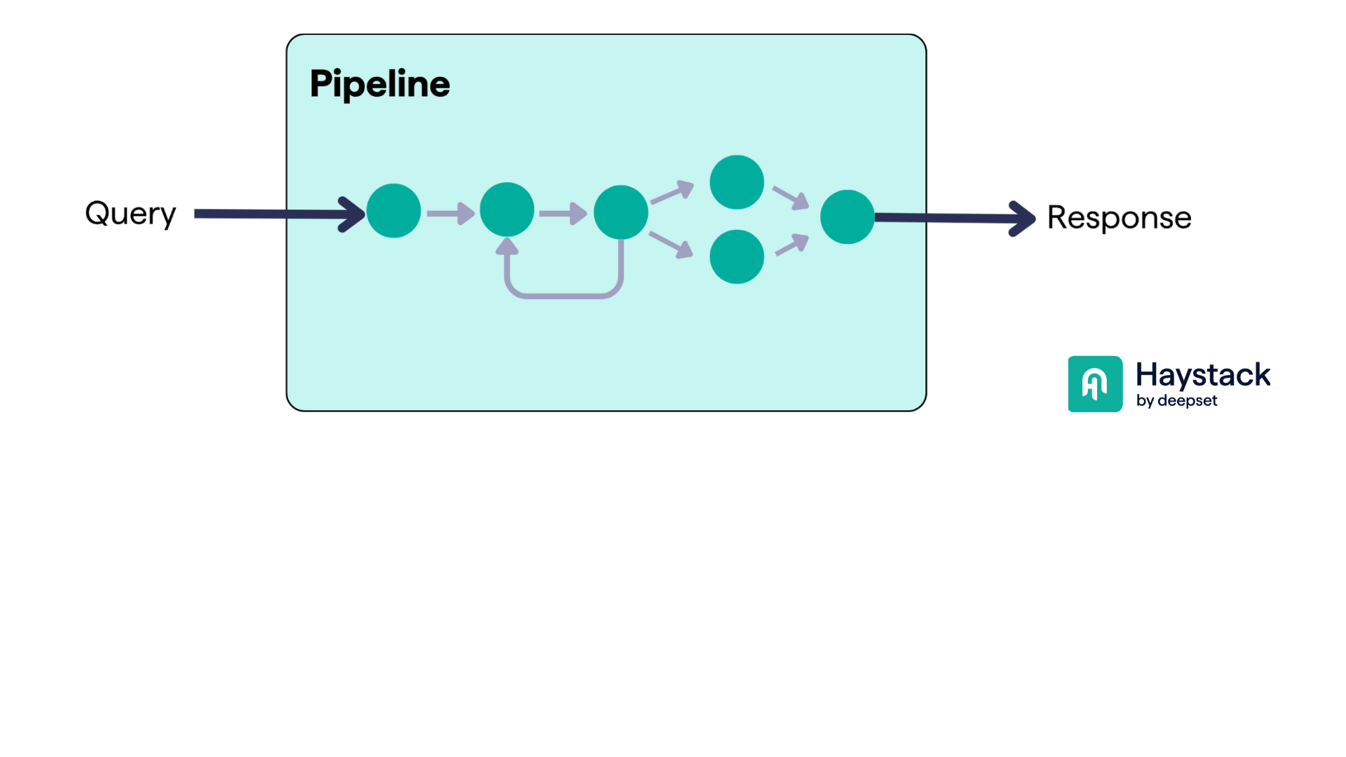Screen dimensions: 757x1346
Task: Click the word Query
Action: pyautogui.click(x=130, y=213)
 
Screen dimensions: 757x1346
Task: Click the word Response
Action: pyautogui.click(x=1119, y=218)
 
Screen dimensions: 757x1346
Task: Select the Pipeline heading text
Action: pyautogui.click(x=379, y=84)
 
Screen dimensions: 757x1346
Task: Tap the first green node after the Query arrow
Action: pyautogui.click(x=393, y=211)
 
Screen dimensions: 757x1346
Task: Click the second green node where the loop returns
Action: pyautogui.click(x=507, y=210)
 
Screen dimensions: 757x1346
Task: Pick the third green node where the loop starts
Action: pyautogui.click(x=620, y=212)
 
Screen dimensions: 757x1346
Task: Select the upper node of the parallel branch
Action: pyautogui.click(x=736, y=182)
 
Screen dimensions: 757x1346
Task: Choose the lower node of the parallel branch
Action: pyautogui.click(x=736, y=257)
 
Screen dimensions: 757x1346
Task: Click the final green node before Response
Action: pyautogui.click(x=847, y=217)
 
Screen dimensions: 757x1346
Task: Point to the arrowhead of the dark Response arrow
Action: pyautogui.click(x=1023, y=219)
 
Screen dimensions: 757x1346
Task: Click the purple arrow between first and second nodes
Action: pyautogui.click(x=450, y=213)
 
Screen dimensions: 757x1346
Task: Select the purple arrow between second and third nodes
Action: pyautogui.click(x=563, y=213)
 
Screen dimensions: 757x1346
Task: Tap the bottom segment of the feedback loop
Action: pyautogui.click(x=564, y=296)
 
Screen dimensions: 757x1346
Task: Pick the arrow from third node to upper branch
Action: pyautogui.click(x=672, y=192)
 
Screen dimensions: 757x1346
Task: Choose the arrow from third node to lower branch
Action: pyautogui.click(x=672, y=245)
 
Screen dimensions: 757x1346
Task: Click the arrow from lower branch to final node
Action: pyautogui.click(x=792, y=245)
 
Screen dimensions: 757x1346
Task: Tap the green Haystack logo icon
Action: pyautogui.click(x=1095, y=384)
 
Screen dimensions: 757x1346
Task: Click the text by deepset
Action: pyautogui.click(x=1176, y=401)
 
